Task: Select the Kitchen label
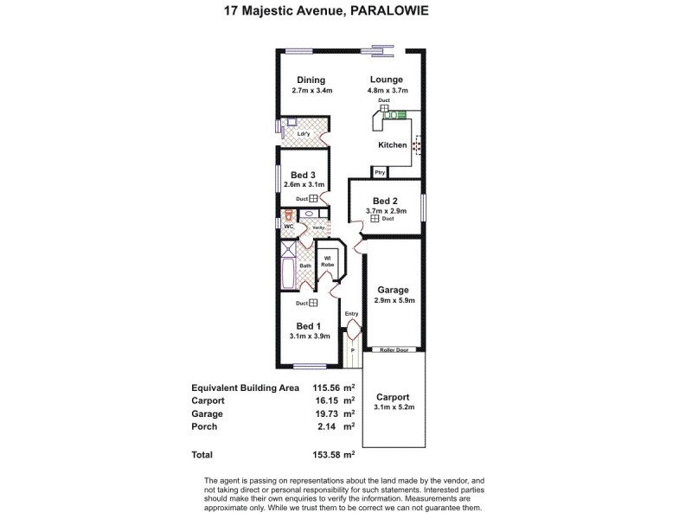click(392, 145)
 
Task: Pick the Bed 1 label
click(307, 326)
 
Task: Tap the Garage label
click(393, 291)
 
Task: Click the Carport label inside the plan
click(393, 397)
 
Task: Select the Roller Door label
click(394, 350)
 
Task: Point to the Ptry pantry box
click(380, 173)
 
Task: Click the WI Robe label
click(328, 260)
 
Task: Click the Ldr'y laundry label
click(304, 134)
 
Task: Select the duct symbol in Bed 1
click(313, 303)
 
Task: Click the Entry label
click(351, 314)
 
